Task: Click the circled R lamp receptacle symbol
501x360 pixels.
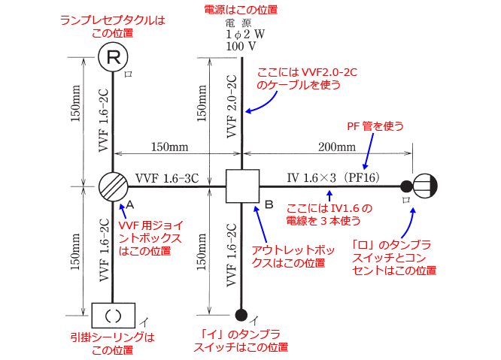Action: coord(113,56)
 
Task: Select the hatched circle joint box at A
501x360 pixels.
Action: coord(113,186)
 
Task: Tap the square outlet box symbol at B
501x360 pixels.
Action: coord(241,186)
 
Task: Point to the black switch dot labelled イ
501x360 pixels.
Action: coord(241,314)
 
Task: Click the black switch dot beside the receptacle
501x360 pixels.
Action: coord(406,186)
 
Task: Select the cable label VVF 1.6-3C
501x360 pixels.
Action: coord(167,178)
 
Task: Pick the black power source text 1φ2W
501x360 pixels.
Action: coord(241,35)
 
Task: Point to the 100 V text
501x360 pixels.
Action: coord(240,47)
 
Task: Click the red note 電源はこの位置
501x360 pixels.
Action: coord(241,10)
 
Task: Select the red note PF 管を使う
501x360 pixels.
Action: coord(370,125)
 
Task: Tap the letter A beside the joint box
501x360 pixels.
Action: coord(130,204)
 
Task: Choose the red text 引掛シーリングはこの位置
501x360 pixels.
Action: coord(113,344)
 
